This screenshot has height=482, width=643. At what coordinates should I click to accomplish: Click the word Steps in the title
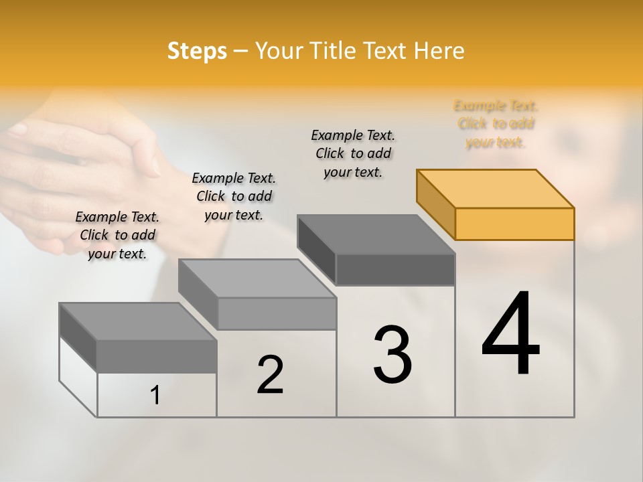click(x=197, y=51)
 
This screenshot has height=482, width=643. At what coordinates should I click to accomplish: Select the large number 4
click(x=510, y=335)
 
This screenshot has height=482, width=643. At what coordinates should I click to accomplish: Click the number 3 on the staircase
click(x=392, y=355)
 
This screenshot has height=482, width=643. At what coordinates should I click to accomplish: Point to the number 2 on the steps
click(x=270, y=375)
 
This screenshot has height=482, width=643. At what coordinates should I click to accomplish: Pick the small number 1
click(x=155, y=396)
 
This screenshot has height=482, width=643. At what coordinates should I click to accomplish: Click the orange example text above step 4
click(x=496, y=124)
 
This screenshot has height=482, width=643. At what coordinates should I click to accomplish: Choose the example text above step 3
click(x=353, y=153)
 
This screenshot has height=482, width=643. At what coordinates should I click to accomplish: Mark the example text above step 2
click(x=234, y=196)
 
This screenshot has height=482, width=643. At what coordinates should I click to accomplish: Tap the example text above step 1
click(x=117, y=235)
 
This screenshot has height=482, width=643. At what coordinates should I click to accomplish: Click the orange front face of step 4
click(x=514, y=224)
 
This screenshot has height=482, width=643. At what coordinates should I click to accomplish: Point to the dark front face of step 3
click(x=395, y=270)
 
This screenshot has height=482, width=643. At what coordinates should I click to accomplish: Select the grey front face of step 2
click(x=276, y=313)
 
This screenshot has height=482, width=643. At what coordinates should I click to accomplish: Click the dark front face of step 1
click(x=157, y=356)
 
